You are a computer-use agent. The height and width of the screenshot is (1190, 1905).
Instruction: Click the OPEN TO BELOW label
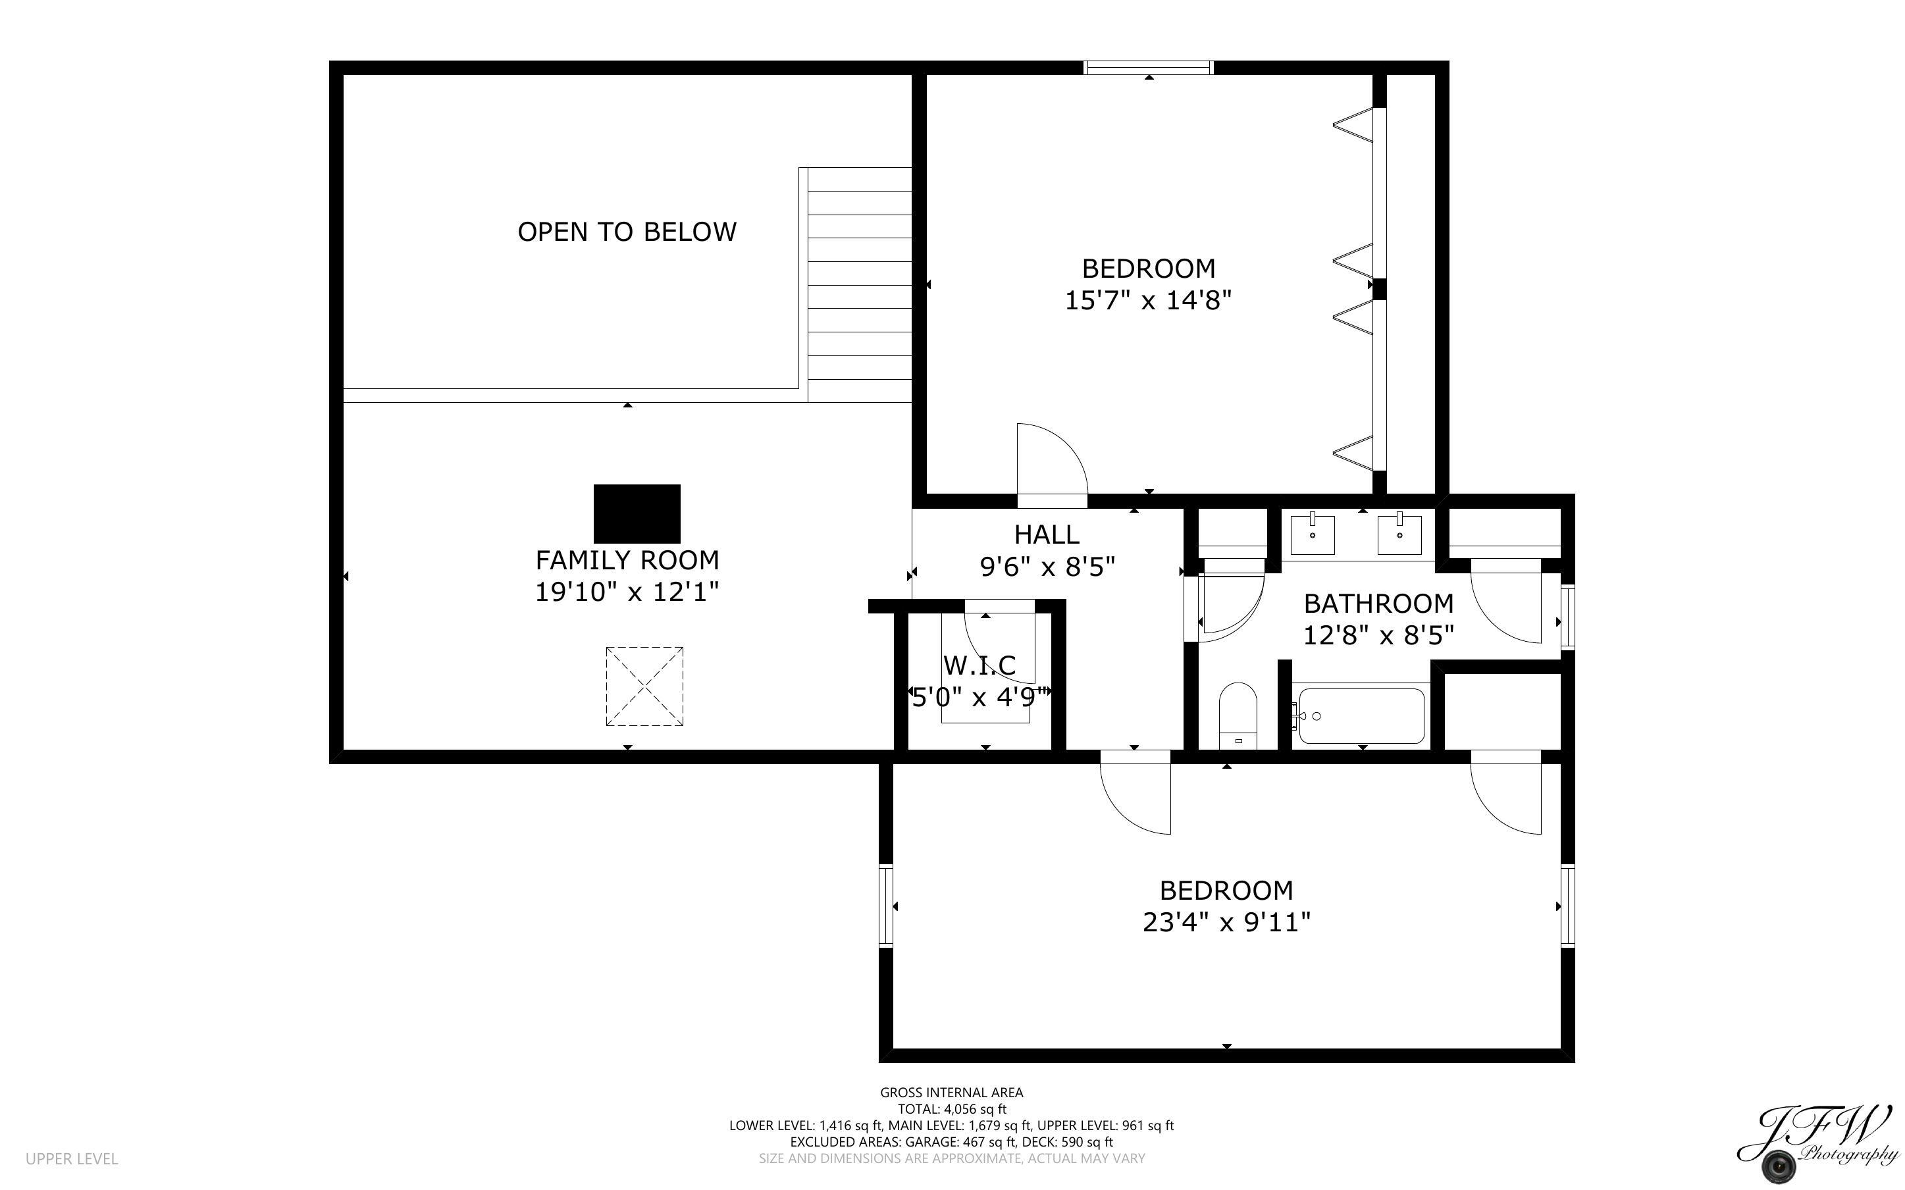pyautogui.click(x=627, y=232)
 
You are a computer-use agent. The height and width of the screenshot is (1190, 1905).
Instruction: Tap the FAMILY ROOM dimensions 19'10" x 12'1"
pyautogui.click(x=627, y=592)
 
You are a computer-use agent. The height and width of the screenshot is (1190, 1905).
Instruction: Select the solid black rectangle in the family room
pyautogui.click(x=636, y=513)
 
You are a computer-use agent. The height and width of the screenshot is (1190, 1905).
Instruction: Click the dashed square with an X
pyautogui.click(x=644, y=686)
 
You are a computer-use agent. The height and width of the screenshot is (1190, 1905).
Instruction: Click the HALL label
pyautogui.click(x=1046, y=534)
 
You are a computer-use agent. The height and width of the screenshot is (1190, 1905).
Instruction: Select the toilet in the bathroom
pyautogui.click(x=1237, y=715)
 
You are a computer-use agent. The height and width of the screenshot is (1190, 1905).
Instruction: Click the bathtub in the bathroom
pyautogui.click(x=1361, y=715)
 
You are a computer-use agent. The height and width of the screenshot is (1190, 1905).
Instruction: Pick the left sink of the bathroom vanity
pyautogui.click(x=1312, y=534)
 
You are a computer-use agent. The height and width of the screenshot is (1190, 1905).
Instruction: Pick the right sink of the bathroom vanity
pyautogui.click(x=1399, y=534)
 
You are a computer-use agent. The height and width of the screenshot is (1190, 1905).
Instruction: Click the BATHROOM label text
pyautogui.click(x=1378, y=604)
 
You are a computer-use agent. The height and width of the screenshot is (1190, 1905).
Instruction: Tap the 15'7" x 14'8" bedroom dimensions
pyautogui.click(x=1147, y=301)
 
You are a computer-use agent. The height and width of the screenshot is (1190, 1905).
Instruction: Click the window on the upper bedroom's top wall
pyautogui.click(x=1148, y=68)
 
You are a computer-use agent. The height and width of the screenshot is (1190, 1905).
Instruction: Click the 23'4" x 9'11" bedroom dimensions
pyautogui.click(x=1226, y=921)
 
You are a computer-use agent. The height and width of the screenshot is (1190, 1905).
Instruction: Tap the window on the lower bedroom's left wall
pyautogui.click(x=886, y=905)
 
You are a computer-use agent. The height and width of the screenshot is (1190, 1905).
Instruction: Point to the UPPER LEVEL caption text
pyautogui.click(x=72, y=1158)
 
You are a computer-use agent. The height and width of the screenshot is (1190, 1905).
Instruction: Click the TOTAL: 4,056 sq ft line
pyautogui.click(x=951, y=1109)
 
